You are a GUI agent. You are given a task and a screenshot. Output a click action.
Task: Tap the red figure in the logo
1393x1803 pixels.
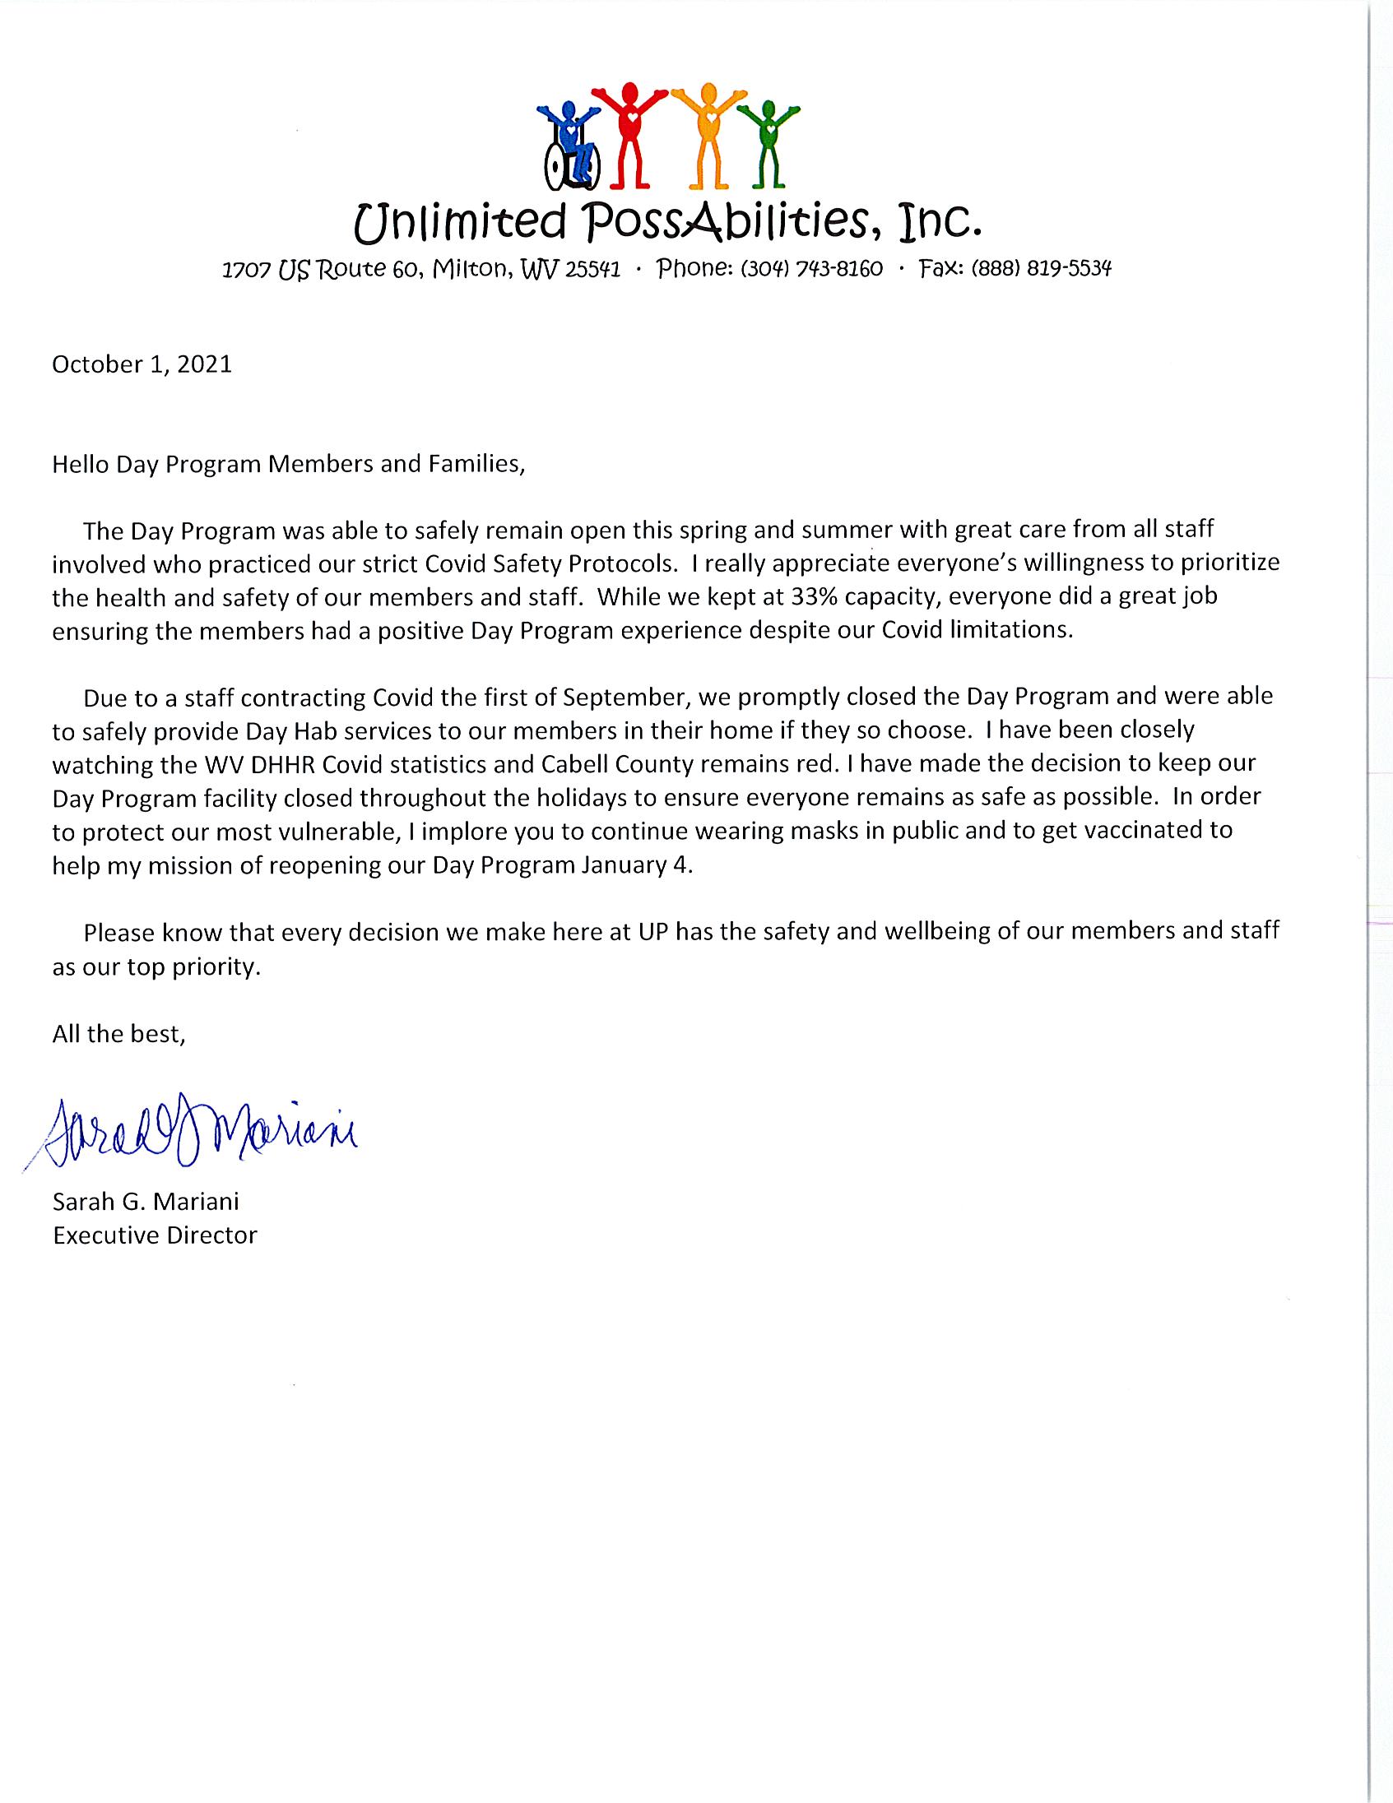pos(632,132)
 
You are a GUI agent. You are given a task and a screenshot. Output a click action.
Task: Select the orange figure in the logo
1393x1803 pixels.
pos(707,132)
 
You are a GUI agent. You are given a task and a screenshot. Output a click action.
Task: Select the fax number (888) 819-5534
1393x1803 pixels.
pos(1041,269)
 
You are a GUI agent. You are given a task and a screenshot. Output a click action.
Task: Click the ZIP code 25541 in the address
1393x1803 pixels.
pos(592,270)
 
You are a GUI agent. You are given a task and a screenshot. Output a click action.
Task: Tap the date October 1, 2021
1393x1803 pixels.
pos(142,364)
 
